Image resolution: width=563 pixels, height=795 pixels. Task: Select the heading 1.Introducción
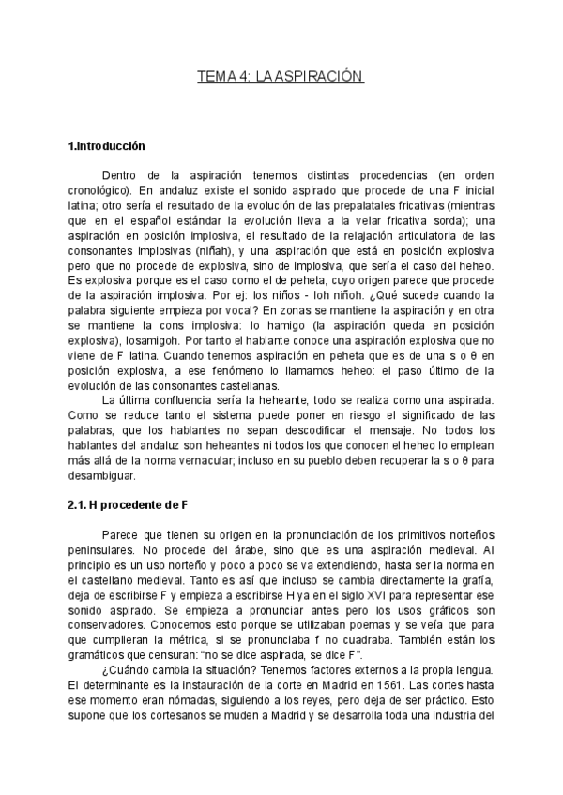coord(108,146)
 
